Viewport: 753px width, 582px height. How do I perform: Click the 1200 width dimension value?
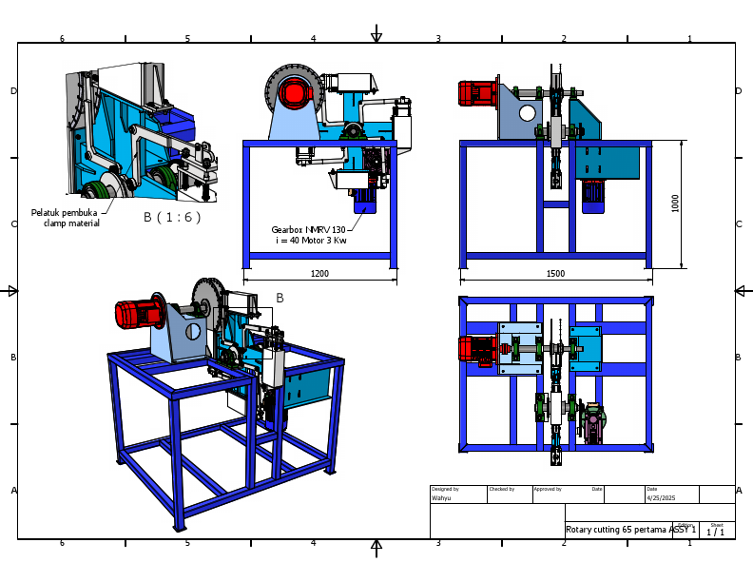point(319,274)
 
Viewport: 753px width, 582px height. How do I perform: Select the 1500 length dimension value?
point(555,274)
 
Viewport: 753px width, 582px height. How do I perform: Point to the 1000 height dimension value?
point(675,204)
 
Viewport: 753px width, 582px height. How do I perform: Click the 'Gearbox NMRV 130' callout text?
point(308,229)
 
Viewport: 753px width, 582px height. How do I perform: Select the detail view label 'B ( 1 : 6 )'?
point(172,217)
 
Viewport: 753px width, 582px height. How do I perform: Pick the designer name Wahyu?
point(442,497)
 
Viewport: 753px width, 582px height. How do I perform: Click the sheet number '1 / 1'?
point(715,533)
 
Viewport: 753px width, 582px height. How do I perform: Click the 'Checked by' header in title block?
point(501,489)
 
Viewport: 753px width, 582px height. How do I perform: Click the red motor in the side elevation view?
point(478,93)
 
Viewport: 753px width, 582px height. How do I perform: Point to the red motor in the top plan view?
point(474,349)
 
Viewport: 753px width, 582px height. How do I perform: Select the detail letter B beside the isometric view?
point(280,298)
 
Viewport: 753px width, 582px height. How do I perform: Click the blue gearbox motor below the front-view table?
point(365,199)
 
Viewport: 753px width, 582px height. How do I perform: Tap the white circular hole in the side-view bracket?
point(527,113)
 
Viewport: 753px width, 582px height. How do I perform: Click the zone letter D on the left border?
point(13,91)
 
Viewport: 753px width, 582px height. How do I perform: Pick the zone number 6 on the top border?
point(62,39)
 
